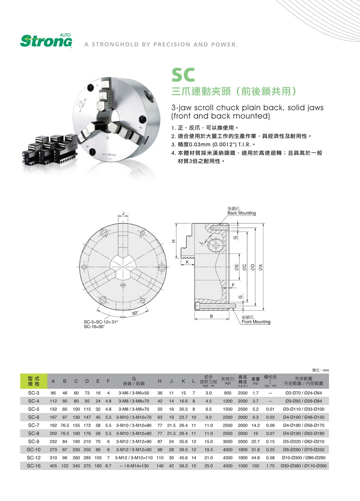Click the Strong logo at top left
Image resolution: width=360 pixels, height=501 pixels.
click(46, 41)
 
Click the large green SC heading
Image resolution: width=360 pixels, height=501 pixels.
click(183, 75)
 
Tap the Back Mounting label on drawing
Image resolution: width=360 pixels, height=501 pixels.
click(241, 213)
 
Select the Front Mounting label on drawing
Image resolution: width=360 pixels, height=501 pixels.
click(256, 322)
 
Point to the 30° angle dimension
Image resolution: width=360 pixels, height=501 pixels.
click(135, 313)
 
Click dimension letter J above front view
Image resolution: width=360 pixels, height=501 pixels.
click(123, 213)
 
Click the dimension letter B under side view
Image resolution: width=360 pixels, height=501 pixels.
click(211, 316)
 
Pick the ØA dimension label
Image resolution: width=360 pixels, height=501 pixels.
click(261, 267)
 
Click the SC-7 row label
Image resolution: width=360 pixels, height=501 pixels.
click(34, 425)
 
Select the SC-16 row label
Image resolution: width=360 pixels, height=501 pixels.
click(34, 466)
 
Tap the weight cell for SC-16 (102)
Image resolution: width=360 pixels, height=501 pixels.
click(255, 466)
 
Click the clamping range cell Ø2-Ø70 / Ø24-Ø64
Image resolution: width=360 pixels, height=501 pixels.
click(303, 393)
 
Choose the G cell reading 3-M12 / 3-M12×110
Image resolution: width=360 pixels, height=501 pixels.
click(134, 458)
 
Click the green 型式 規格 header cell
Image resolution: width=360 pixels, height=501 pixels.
click(34, 381)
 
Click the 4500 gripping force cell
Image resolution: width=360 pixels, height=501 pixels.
click(227, 466)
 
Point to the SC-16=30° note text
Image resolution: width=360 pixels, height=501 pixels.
click(94, 327)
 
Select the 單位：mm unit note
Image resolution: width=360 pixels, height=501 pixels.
click(320, 370)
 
